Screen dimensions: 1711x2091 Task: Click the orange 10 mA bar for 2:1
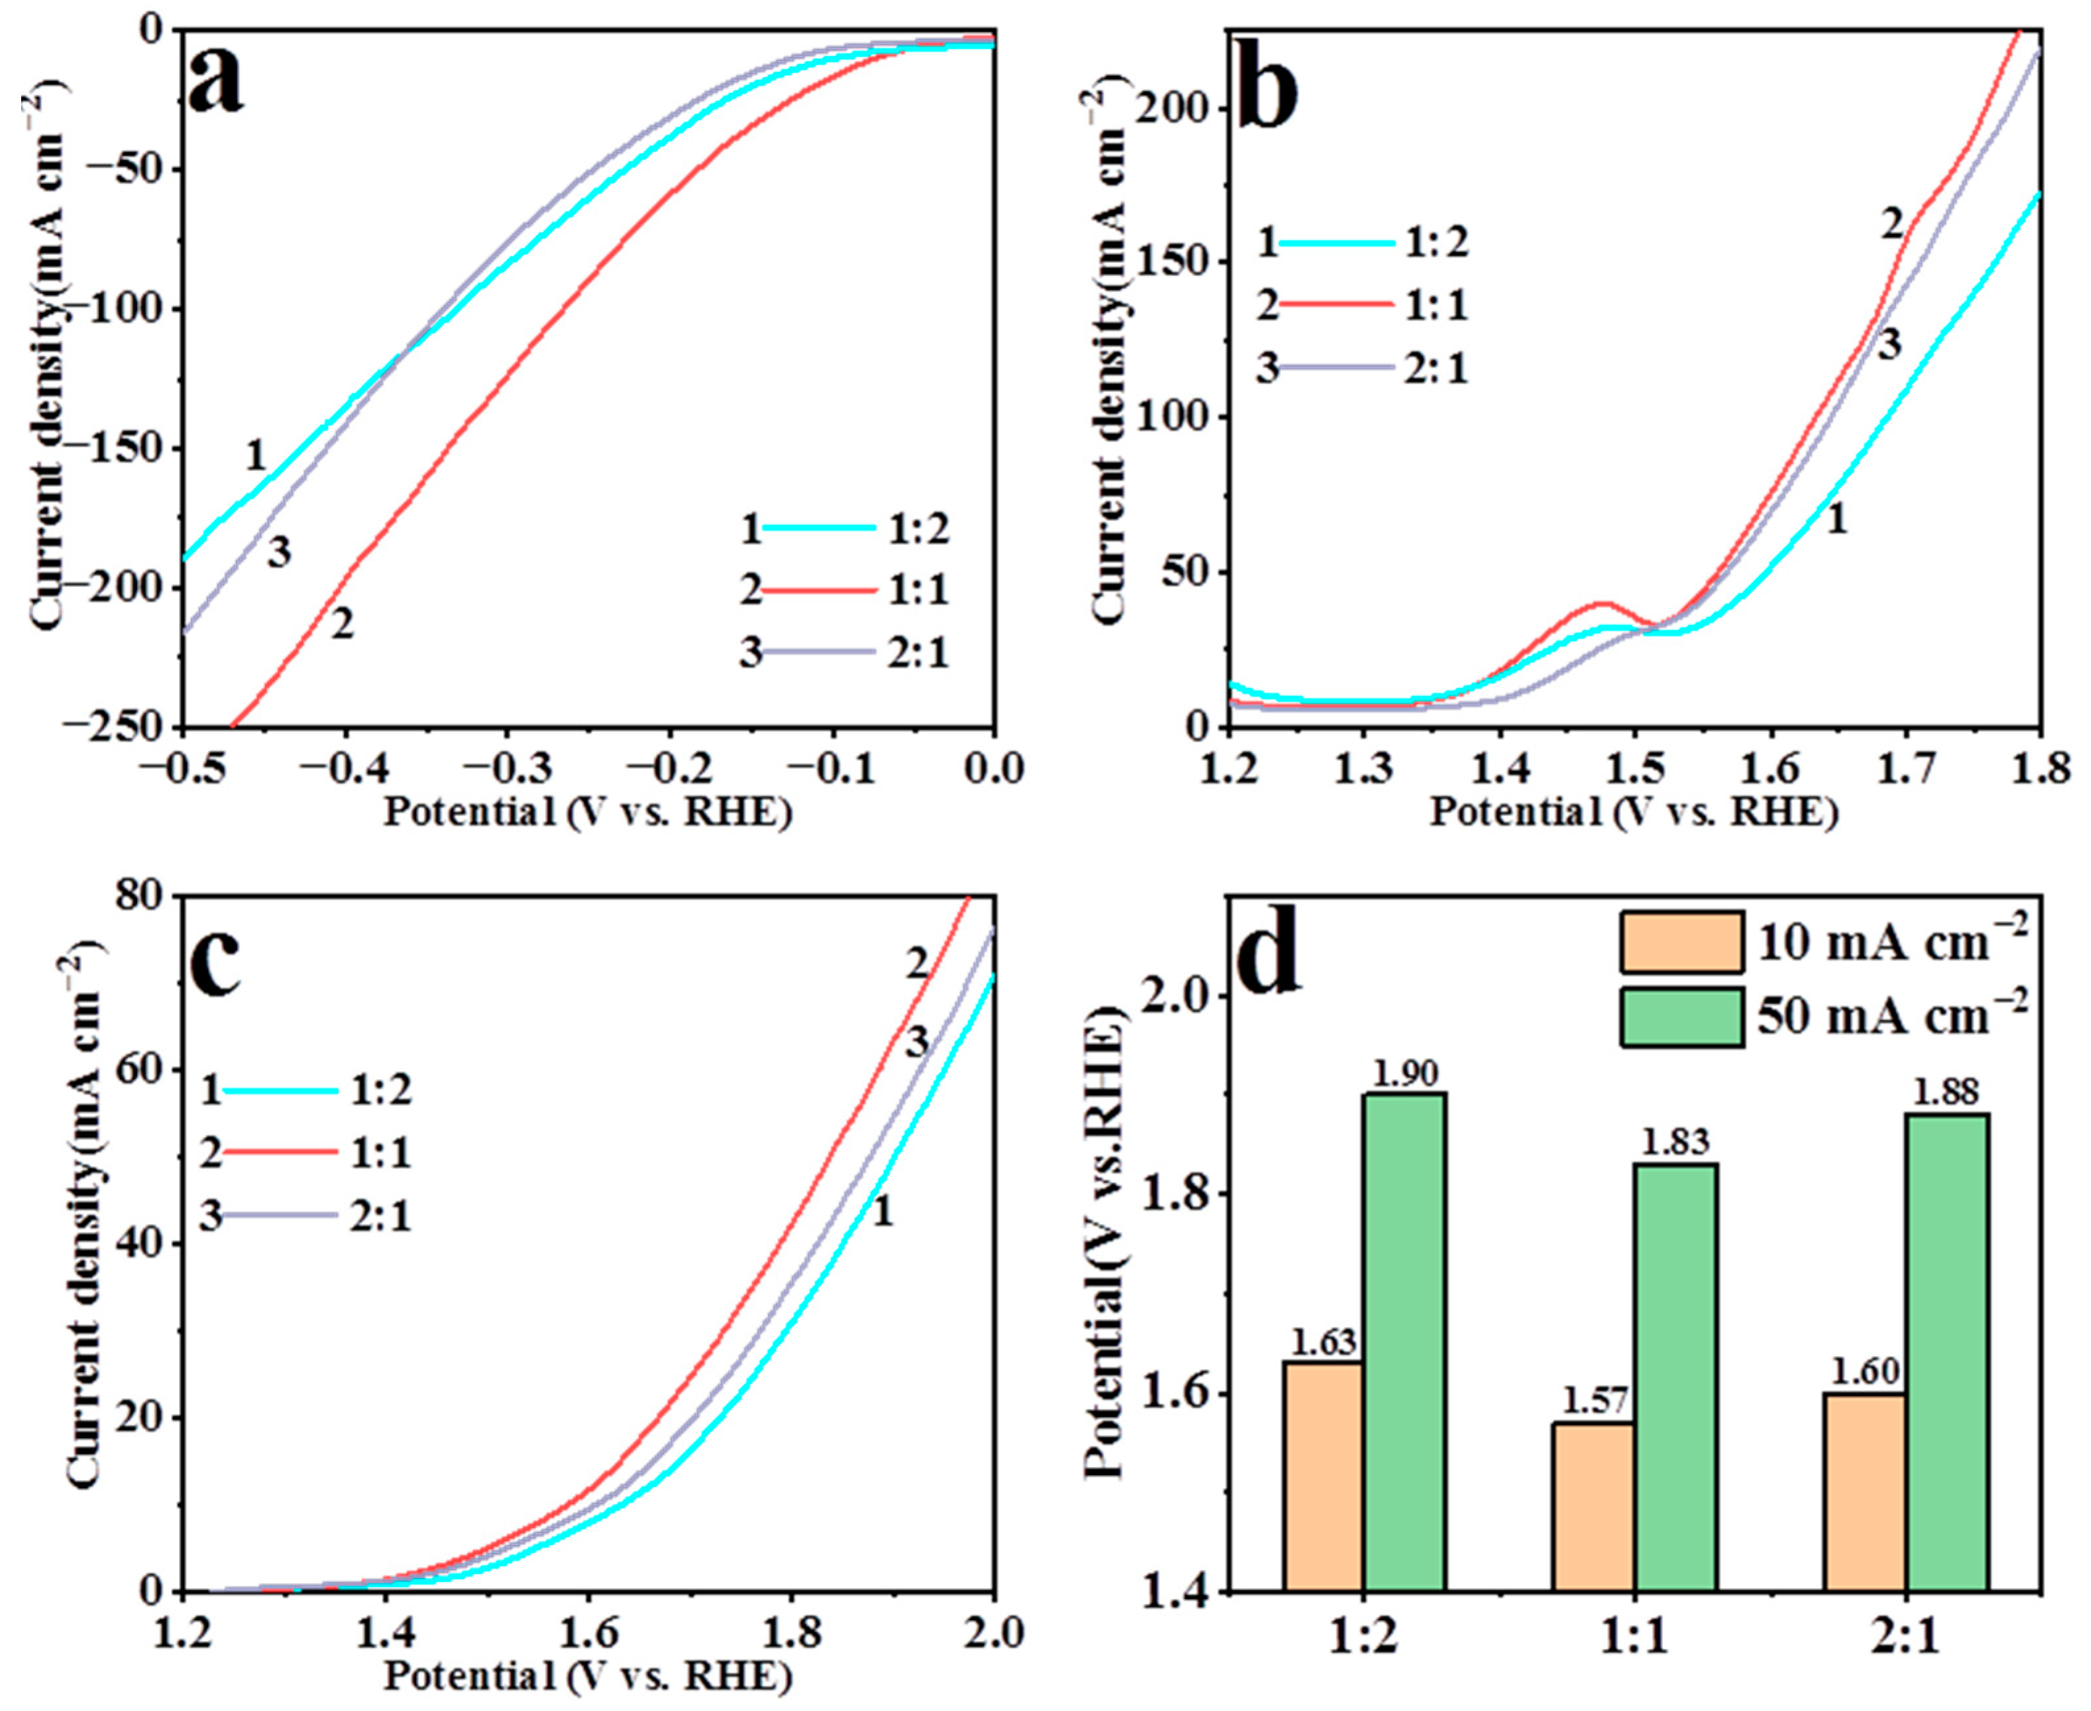pos(1864,1492)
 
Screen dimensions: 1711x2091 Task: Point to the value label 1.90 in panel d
pos(1406,1075)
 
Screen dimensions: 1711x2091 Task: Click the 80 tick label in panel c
pos(144,897)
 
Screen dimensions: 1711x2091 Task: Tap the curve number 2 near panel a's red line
pos(341,624)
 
